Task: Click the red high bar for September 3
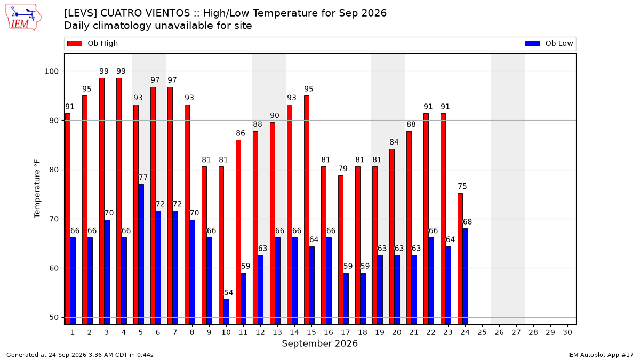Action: pyautogui.click(x=102, y=201)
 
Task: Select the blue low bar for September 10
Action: pyautogui.click(x=226, y=311)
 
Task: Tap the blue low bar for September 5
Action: pyautogui.click(x=141, y=254)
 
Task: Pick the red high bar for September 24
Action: pyautogui.click(x=460, y=259)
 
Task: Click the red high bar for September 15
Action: pyautogui.click(x=306, y=210)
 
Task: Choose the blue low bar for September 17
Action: pyautogui.click(x=346, y=299)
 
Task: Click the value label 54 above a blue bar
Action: pyautogui.click(x=228, y=293)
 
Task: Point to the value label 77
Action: pyautogui.click(x=143, y=178)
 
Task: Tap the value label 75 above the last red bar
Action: pyautogui.click(x=462, y=186)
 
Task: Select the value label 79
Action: pyautogui.click(x=342, y=169)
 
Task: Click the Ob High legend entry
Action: pyautogui.click(x=92, y=43)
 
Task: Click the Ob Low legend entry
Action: pyautogui.click(x=549, y=43)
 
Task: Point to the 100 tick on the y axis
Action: pyautogui.click(x=51, y=71)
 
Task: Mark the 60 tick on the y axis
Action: pyautogui.click(x=54, y=268)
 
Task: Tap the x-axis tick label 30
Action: pyautogui.click(x=567, y=332)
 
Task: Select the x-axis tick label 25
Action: pyautogui.click(x=482, y=332)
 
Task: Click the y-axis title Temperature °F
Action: pyautogui.click(x=37, y=189)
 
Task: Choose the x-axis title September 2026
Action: pyautogui.click(x=319, y=343)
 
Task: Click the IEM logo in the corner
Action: pyautogui.click(x=23, y=18)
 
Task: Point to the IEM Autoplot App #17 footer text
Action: pyautogui.click(x=601, y=355)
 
